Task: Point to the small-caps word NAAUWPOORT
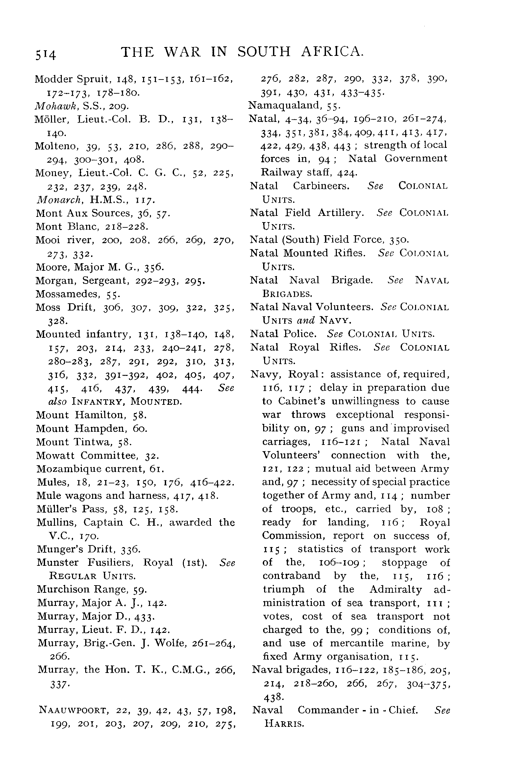tap(73, 710)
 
